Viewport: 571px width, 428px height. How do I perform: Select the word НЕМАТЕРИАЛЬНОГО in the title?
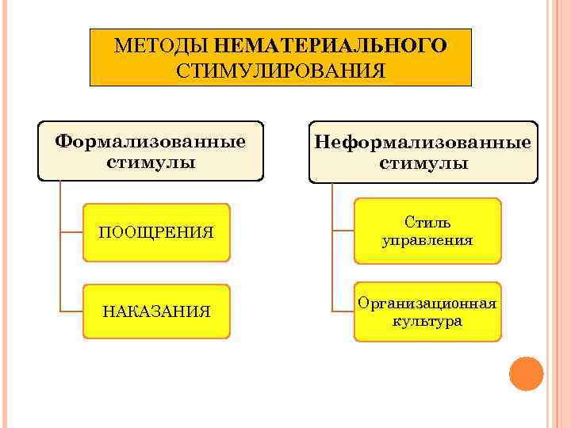(330, 46)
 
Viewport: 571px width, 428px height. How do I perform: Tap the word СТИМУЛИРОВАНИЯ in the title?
(281, 71)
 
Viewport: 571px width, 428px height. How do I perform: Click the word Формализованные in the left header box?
(150, 143)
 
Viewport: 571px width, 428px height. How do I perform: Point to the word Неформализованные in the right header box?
(423, 143)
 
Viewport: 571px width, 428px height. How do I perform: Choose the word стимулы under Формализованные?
(150, 163)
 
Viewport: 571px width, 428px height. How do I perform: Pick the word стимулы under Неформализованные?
(423, 164)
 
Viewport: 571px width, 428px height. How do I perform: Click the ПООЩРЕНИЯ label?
(156, 232)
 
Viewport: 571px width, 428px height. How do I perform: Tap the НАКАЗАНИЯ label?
(156, 311)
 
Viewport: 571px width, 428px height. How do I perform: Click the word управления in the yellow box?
(427, 239)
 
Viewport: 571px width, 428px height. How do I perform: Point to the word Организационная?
(427, 304)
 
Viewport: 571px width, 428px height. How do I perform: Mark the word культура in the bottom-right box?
(427, 322)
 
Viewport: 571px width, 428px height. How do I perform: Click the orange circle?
(526, 373)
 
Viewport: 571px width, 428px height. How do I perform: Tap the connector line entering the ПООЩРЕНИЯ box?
(71, 232)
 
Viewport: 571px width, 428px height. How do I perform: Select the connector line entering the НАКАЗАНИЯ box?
(71, 311)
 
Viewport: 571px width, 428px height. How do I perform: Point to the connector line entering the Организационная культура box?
(343, 311)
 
